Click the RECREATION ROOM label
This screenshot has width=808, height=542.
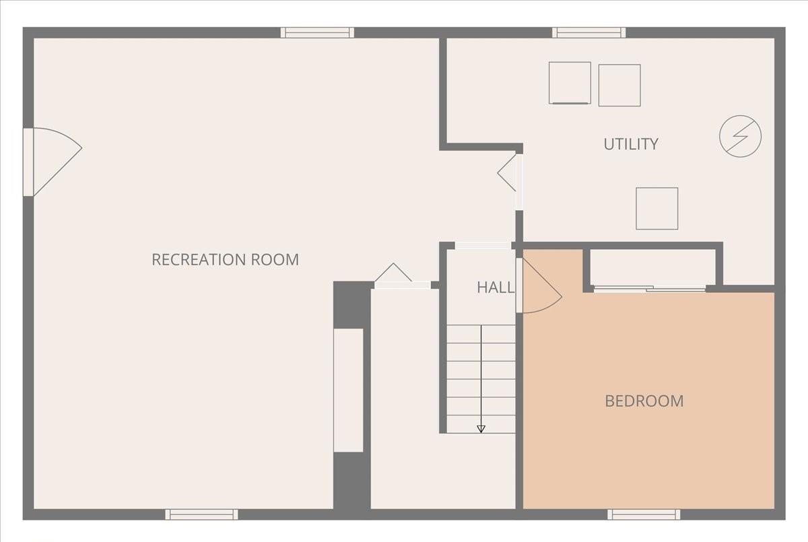click(x=225, y=259)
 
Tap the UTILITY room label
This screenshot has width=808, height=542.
click(x=630, y=143)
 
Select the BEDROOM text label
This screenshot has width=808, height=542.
click(x=644, y=401)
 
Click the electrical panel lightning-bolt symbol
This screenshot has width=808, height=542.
click(x=740, y=137)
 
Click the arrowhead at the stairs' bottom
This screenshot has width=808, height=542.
click(x=481, y=428)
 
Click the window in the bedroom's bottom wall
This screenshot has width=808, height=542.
click(x=643, y=514)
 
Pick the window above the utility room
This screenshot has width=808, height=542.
click(x=588, y=32)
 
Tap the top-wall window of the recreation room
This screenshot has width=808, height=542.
click(x=317, y=32)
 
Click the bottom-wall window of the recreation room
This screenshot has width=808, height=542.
click(x=201, y=514)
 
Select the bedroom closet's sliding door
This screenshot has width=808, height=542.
click(x=650, y=289)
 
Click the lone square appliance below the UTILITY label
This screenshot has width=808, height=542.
click(x=656, y=208)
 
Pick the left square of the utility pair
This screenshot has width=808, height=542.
click(x=570, y=83)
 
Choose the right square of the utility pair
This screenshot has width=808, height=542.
click(x=619, y=85)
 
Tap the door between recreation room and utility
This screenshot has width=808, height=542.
click(x=510, y=176)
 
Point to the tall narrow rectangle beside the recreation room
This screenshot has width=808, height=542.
click(x=348, y=390)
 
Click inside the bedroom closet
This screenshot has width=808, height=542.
click(x=652, y=268)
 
